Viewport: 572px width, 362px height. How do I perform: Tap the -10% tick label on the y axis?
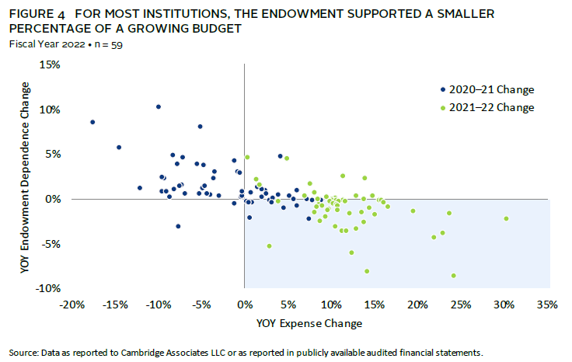click(x=47, y=289)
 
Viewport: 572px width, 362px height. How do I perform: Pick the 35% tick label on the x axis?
click(x=548, y=303)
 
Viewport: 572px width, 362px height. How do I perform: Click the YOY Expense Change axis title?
click(x=311, y=322)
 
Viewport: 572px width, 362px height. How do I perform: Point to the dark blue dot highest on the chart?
click(x=159, y=106)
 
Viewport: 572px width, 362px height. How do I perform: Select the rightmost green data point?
click(x=506, y=218)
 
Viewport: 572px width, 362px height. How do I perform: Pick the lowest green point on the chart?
click(x=454, y=276)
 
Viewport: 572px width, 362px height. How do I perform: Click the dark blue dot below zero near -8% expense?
click(x=178, y=226)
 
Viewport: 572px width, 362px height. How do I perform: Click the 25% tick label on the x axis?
click(x=462, y=303)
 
